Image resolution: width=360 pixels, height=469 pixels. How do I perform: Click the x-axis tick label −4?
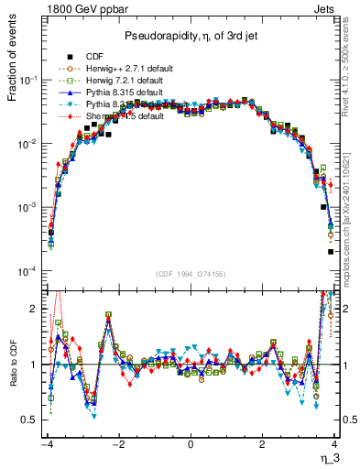[x=46, y=443]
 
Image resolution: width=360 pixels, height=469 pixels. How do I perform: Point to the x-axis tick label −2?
[x=117, y=443]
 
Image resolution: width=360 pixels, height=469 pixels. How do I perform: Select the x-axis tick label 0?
[x=191, y=443]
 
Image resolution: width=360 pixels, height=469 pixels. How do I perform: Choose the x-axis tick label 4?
[x=334, y=443]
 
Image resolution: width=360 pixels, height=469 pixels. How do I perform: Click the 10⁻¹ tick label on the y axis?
[x=30, y=81]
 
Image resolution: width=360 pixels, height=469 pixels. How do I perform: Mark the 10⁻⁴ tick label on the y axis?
[x=30, y=271]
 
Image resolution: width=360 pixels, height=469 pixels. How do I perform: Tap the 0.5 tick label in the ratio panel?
[x=29, y=420]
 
